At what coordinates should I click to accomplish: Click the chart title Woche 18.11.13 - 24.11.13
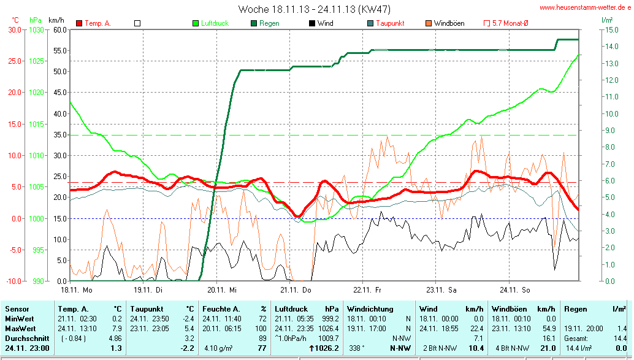pyautogui.click(x=314, y=9)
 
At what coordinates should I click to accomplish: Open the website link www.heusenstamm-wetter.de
pyautogui.click(x=585, y=8)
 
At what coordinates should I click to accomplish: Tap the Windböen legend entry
pyautogui.click(x=449, y=23)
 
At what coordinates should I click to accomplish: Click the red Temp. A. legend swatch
pyautogui.click(x=79, y=23)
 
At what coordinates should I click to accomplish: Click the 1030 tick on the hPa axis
pyautogui.click(x=36, y=29)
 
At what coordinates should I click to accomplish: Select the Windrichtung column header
pyautogui.click(x=371, y=309)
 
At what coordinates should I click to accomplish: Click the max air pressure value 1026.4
pyautogui.click(x=329, y=329)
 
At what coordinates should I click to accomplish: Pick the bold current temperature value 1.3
pyautogui.click(x=115, y=348)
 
